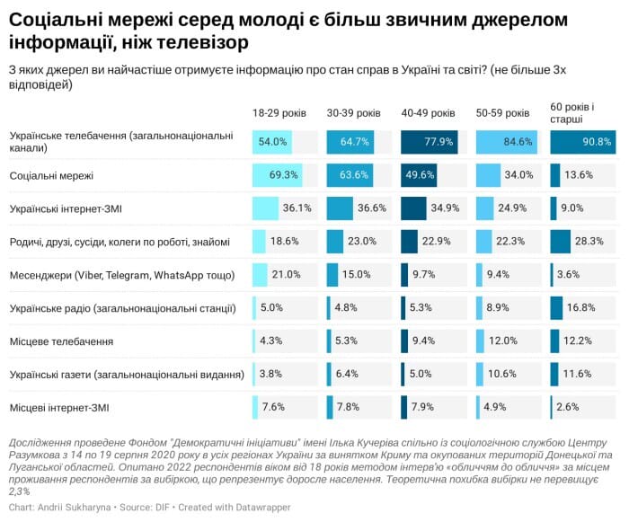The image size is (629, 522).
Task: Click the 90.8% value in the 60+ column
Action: (x=597, y=142)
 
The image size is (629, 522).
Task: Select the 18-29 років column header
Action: (x=279, y=113)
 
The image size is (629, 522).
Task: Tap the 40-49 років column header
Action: (x=428, y=113)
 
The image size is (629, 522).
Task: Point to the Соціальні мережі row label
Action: (x=51, y=175)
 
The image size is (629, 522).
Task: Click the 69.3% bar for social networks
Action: (x=277, y=175)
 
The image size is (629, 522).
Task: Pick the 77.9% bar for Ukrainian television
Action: (x=430, y=142)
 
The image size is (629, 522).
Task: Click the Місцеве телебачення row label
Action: (x=61, y=341)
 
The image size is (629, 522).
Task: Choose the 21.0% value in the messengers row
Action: (x=286, y=275)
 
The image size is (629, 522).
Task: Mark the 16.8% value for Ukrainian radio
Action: (x=580, y=308)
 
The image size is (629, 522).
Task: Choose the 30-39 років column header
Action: (x=353, y=113)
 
